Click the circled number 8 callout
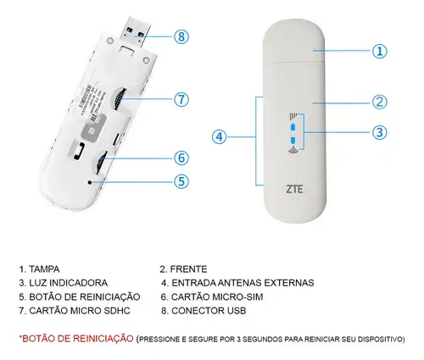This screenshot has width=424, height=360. click(181, 36)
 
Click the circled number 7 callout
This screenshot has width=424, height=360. click(181, 99)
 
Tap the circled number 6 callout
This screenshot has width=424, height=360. click(181, 158)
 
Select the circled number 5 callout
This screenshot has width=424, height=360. click(181, 180)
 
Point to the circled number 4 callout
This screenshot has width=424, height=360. click(220, 136)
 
